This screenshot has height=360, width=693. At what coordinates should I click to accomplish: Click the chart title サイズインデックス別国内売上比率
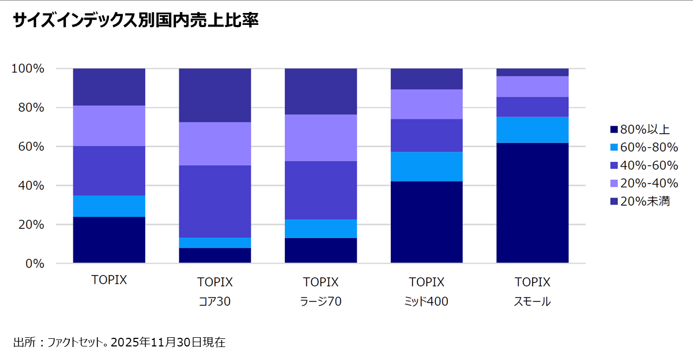pos(136,21)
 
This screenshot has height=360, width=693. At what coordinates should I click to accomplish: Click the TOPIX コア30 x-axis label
pos(215,292)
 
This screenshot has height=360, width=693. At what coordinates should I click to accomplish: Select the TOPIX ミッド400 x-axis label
pos(427,292)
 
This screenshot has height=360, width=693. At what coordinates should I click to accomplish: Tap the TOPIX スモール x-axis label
pos(532,292)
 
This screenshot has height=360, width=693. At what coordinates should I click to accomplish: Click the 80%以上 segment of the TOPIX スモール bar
pos(532,203)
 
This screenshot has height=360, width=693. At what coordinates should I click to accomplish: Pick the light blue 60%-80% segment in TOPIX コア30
pos(215,243)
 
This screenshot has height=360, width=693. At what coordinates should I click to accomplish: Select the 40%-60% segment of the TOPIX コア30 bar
pos(215,201)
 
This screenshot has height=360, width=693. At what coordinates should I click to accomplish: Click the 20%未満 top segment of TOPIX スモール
pos(532,73)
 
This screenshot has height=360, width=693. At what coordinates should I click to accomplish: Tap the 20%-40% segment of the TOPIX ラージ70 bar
pos(321,138)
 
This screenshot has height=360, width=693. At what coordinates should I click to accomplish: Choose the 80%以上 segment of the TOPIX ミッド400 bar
pos(427,222)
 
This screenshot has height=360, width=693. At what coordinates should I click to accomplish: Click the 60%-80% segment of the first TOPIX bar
pos(109,206)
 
